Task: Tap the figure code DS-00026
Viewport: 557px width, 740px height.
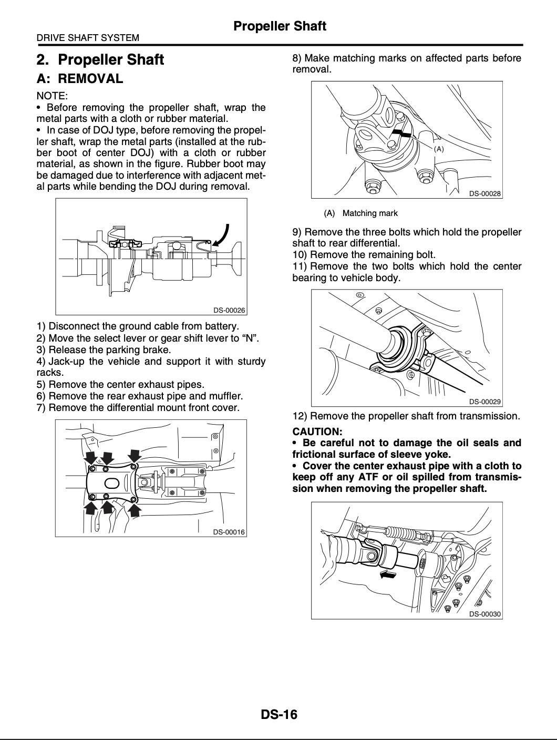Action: [x=229, y=310]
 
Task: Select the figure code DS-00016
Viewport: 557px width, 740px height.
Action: [x=229, y=532]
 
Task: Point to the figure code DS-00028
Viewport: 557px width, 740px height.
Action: [x=485, y=193]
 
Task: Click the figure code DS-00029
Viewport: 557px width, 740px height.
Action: [x=485, y=402]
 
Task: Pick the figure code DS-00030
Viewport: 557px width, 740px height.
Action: [x=485, y=614]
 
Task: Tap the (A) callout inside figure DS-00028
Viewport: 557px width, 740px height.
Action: [x=439, y=149]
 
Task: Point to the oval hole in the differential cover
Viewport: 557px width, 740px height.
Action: [x=112, y=484]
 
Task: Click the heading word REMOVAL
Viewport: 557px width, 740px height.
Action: [x=90, y=78]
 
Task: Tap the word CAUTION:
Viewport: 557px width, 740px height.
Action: [x=317, y=431]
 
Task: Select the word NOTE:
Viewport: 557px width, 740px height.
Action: [x=52, y=96]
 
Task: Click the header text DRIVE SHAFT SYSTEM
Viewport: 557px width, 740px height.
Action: [x=88, y=37]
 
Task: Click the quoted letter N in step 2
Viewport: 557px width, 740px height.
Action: [x=250, y=338]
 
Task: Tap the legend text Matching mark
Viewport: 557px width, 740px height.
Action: [x=370, y=213]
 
